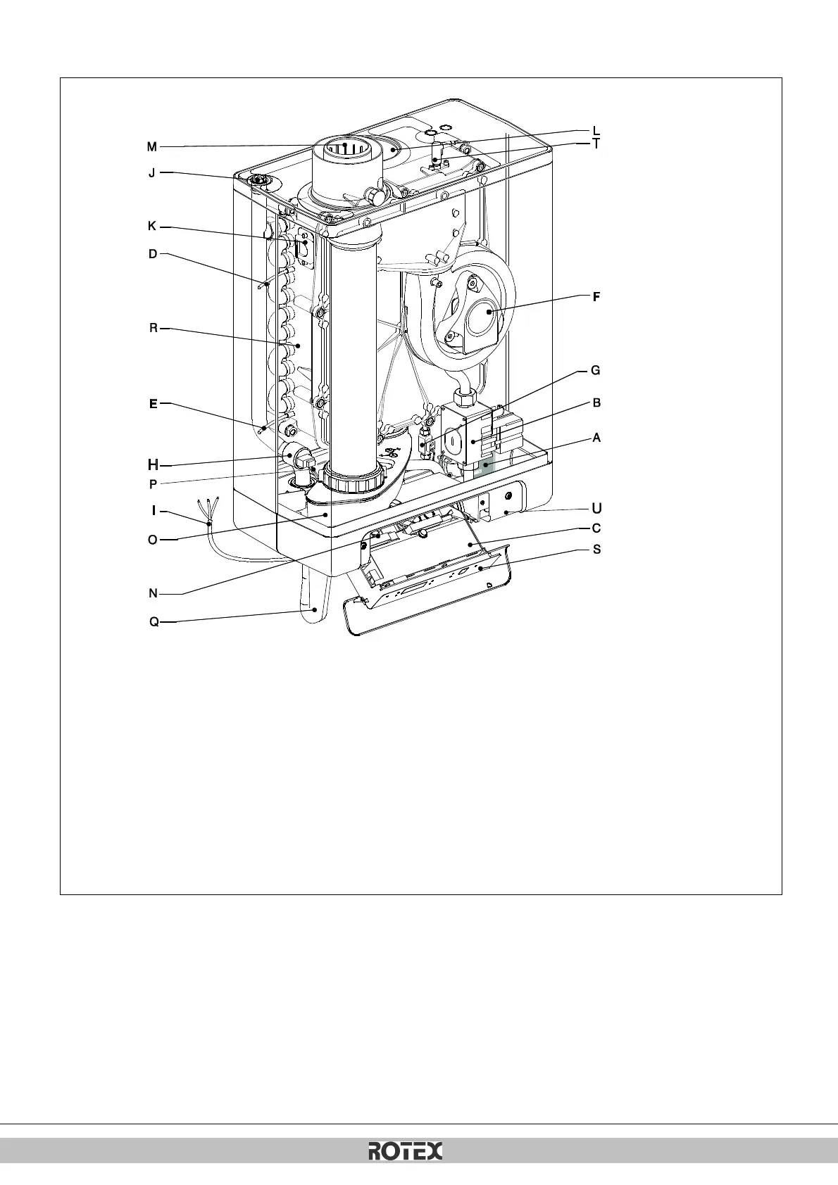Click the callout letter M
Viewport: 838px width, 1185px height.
pos(152,147)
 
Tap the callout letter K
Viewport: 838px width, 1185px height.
pos(152,227)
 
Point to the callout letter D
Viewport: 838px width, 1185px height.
pos(153,254)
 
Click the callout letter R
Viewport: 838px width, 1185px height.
pos(153,328)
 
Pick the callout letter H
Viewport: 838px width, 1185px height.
pos(153,464)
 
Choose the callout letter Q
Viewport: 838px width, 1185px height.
pos(154,622)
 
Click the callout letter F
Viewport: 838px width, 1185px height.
pos(596,297)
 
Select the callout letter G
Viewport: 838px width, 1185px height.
pos(596,370)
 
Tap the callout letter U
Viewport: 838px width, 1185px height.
pos(596,507)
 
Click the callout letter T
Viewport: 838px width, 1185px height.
pos(596,144)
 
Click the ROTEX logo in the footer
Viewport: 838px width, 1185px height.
pos(406,1152)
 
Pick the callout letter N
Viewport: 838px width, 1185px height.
pos(154,593)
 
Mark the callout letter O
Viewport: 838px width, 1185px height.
pos(153,540)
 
